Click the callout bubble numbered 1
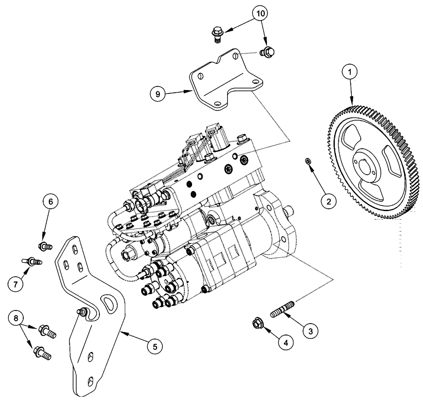pyautogui.click(x=350, y=73)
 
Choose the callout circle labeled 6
pyautogui.click(x=50, y=203)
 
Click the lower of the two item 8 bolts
pyautogui.click(x=43, y=352)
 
